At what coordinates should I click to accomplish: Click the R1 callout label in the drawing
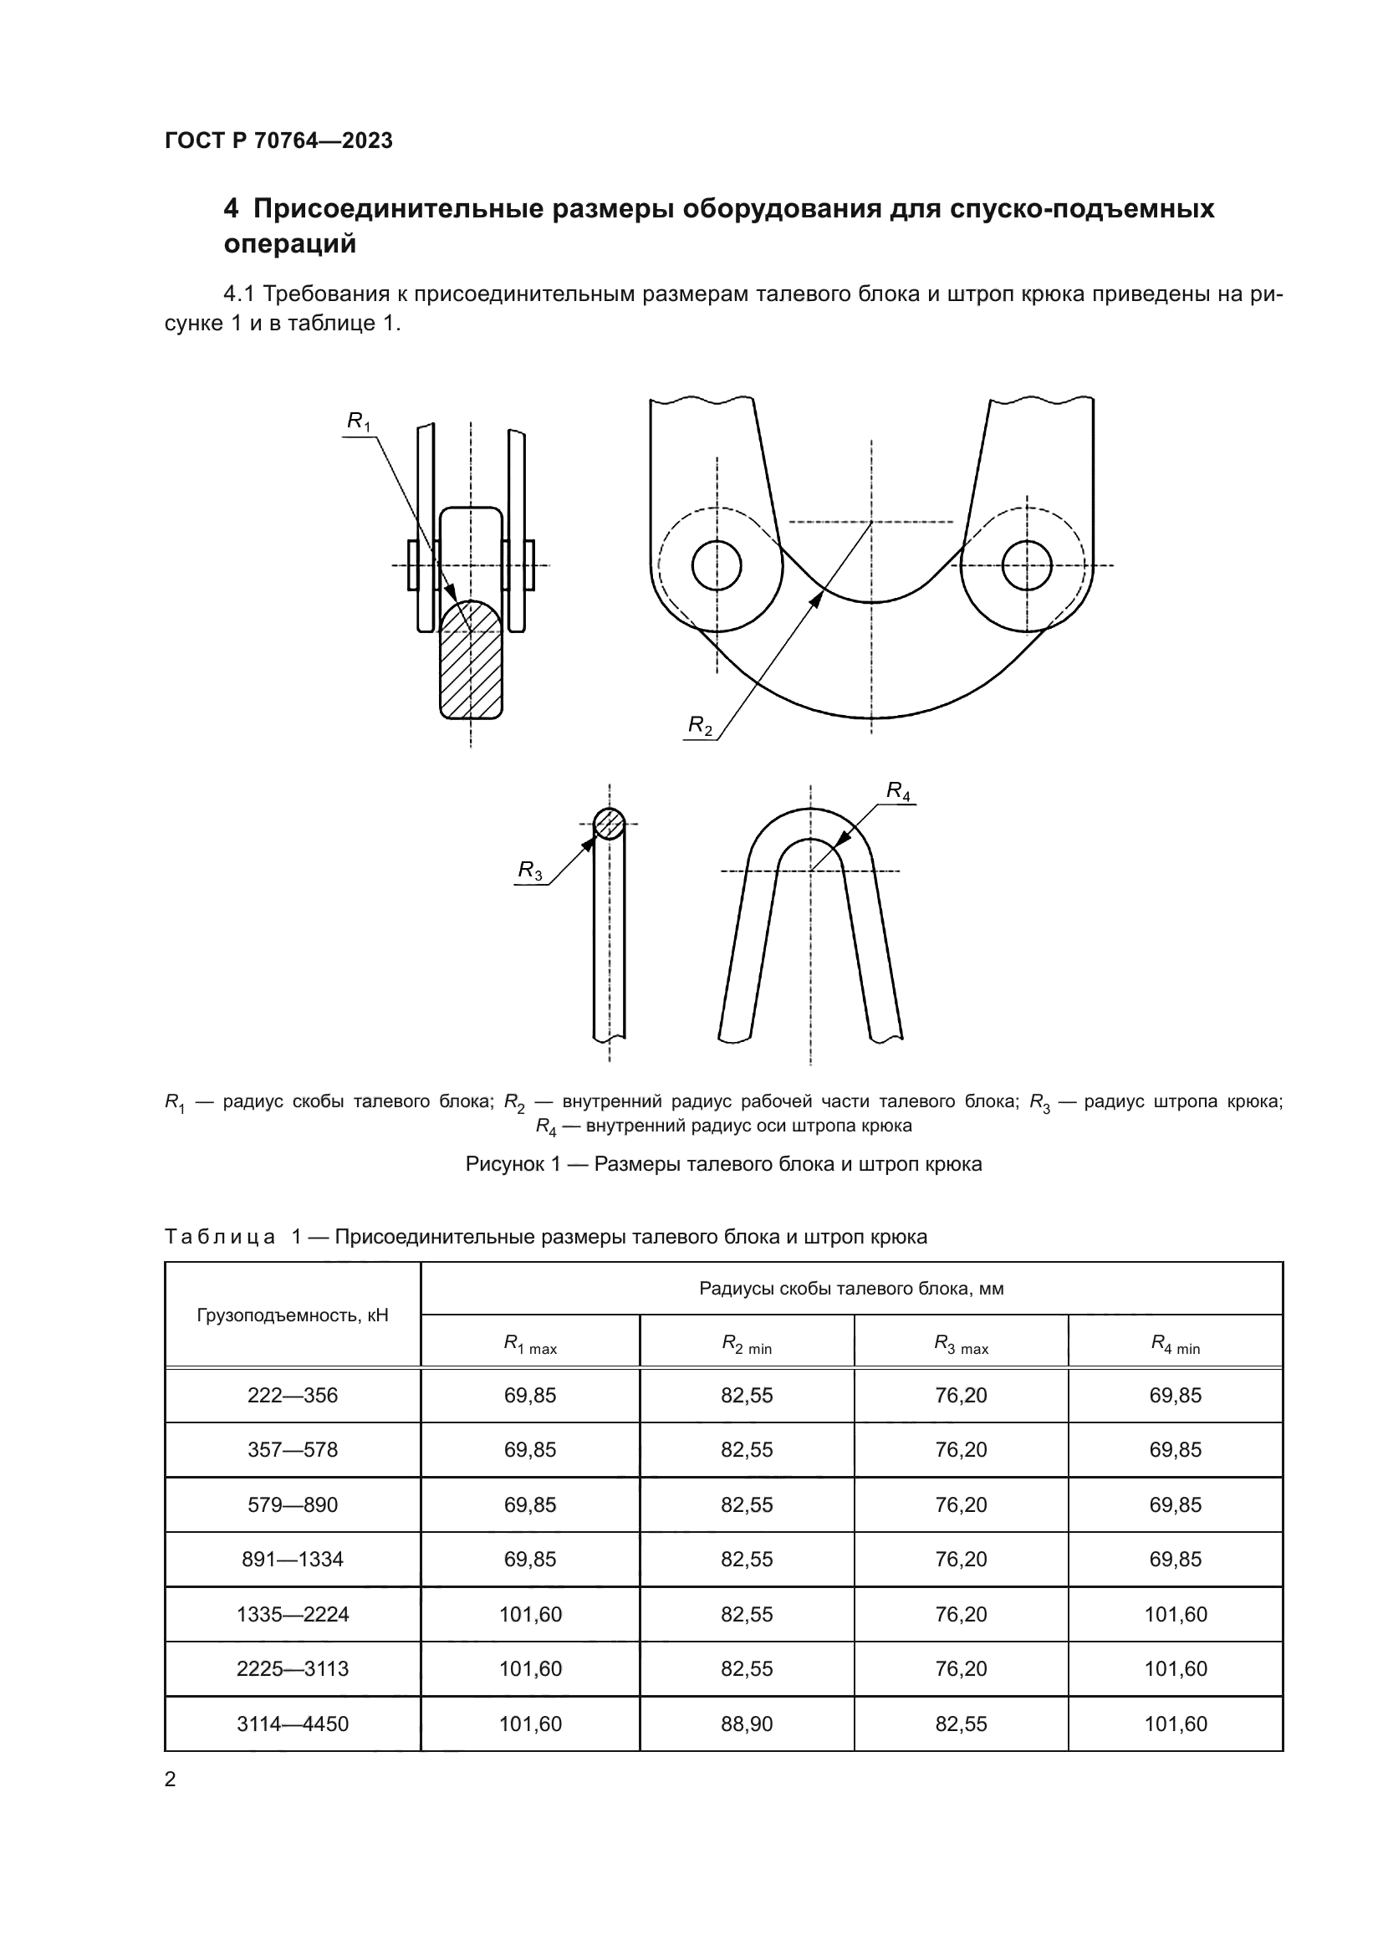coord(359,421)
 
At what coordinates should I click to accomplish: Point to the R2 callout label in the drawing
coord(700,725)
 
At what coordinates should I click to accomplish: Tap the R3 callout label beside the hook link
coord(529,870)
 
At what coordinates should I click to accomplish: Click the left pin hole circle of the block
coord(717,564)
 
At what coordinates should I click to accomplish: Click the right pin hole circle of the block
coord(1026,564)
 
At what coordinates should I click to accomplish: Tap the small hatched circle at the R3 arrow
coord(609,824)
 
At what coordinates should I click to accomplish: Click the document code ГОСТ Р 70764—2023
coord(278,140)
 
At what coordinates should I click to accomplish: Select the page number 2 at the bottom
coord(171,1779)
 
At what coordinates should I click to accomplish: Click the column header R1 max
coord(529,1345)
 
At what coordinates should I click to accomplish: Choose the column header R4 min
coord(1175,1345)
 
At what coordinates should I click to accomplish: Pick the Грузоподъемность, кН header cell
coord(292,1315)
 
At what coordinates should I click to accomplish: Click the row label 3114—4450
coord(292,1724)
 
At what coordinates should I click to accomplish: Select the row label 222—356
coord(292,1396)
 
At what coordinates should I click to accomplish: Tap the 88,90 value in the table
coord(747,1724)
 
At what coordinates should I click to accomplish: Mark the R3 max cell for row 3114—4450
coord(961,1724)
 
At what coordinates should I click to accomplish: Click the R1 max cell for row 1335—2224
coord(529,1614)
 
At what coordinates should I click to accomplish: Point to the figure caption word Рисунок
coord(505,1164)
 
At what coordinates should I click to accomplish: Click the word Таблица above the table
coord(220,1236)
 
